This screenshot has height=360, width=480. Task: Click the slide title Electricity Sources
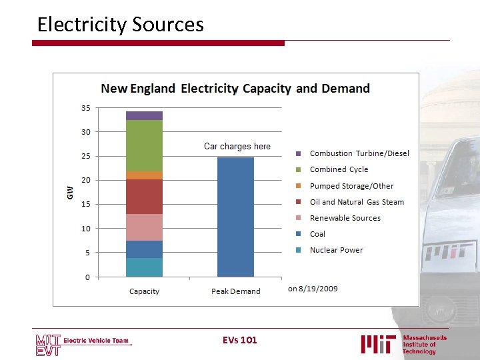pos(120,25)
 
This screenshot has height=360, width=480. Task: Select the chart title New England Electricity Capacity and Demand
pos(235,88)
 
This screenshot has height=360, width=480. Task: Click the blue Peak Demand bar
pos(235,217)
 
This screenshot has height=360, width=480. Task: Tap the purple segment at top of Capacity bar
pos(144,115)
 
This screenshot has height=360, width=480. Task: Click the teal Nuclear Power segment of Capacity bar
pos(144,267)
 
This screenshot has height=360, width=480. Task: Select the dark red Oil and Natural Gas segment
pos(144,197)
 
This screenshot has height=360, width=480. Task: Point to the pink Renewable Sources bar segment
pos(144,227)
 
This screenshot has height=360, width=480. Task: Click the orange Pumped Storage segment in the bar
pos(144,175)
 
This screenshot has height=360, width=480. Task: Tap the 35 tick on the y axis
pos(86,108)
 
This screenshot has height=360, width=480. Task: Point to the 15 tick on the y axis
pos(86,205)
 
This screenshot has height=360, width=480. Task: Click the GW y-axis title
pos(69,193)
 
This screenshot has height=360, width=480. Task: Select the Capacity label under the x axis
pos(144,291)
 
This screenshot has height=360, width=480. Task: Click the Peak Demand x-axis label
pos(235,291)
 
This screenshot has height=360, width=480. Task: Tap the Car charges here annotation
pos(237,146)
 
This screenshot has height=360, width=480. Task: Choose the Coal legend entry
pos(317,234)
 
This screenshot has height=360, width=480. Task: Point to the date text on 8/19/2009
pos(313,289)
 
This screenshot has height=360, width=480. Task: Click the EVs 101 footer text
pos(239,340)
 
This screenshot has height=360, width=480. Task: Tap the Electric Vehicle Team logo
pos(83,341)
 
